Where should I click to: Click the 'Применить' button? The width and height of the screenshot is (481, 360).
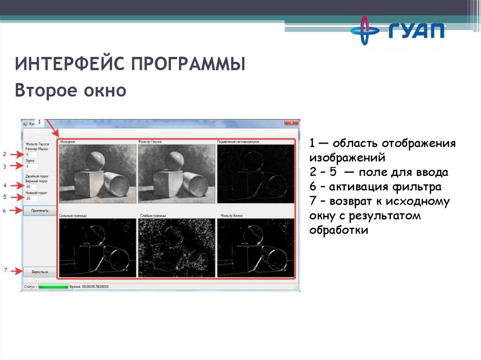coord(40,211)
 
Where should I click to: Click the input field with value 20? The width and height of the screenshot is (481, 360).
coord(31,199)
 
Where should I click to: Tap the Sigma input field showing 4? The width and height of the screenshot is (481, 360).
coord(31,166)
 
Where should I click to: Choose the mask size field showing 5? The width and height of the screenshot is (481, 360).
coord(31,154)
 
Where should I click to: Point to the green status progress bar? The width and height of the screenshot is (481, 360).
coord(53,286)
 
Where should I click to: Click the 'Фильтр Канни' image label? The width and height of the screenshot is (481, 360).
coord(231,216)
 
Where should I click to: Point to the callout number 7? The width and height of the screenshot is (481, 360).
coord(5,270)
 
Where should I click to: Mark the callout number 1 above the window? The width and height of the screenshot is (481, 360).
coord(39,122)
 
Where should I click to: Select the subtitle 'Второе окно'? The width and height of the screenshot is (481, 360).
coord(70,91)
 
